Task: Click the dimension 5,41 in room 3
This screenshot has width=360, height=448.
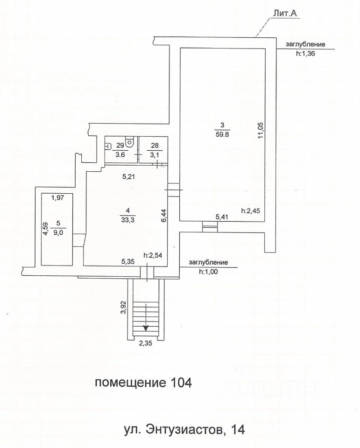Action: click(x=222, y=217)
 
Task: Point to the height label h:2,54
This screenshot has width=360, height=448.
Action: click(x=153, y=255)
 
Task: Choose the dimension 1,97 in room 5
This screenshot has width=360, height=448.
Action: click(x=57, y=198)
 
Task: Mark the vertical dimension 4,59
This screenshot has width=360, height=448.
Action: click(x=46, y=230)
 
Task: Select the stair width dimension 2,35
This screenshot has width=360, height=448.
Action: click(x=146, y=346)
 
